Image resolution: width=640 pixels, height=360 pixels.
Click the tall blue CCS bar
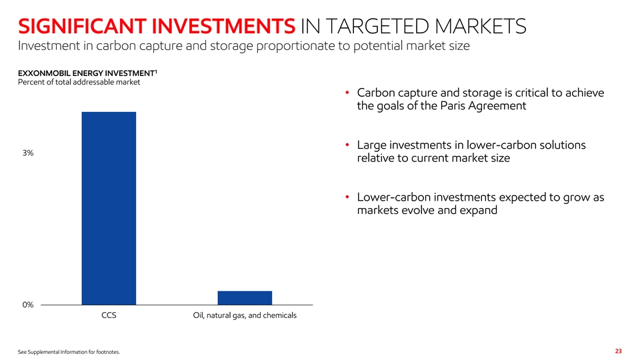pos(109,208)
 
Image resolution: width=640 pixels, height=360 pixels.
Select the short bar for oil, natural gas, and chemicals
pos(245,298)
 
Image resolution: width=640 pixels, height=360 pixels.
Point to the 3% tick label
pos(28,153)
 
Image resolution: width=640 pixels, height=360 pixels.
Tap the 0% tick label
pos(28,305)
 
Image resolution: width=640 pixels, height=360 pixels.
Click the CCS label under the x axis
pos(109,315)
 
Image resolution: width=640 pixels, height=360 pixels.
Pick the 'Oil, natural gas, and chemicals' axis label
pos(245,315)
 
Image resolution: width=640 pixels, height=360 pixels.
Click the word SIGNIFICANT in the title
pos(82,27)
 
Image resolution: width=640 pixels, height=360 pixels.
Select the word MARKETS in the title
pos(480,27)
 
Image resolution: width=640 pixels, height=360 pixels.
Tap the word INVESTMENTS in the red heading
pos(223,27)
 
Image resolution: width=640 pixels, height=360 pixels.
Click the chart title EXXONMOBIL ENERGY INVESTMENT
pos(86,73)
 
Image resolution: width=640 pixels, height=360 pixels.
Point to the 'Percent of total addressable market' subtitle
pos(79,82)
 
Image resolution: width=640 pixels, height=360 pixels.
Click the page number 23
pos(619,351)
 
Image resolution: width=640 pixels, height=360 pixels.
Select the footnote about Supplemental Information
pos(69,352)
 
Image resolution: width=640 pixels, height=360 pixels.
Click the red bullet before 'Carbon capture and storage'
pos(347,93)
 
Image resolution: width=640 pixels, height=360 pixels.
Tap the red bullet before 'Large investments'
pos(347,145)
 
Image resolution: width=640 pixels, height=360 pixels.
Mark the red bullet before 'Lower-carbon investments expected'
pos(347,197)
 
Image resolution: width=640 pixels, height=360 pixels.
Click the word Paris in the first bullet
pos(453,106)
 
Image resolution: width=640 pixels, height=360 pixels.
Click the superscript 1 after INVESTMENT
pos(156,71)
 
